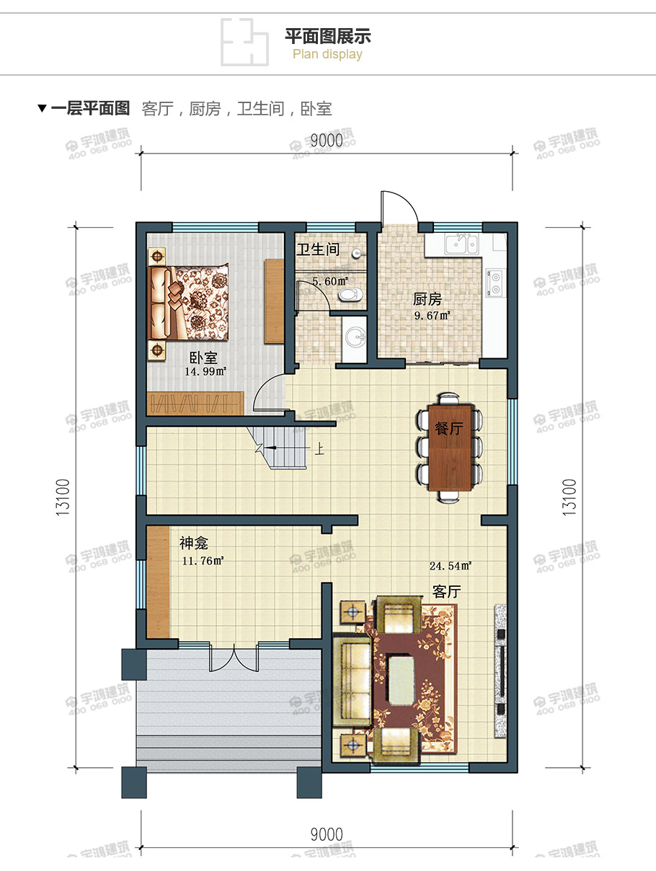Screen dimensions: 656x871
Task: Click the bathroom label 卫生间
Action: point(318,249)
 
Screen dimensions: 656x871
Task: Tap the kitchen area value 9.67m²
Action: point(432,316)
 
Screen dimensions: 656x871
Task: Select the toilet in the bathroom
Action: point(350,295)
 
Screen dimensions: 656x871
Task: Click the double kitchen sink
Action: point(461,244)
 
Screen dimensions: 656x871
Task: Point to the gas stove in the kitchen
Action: point(496,283)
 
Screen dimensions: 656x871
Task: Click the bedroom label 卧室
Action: point(203,358)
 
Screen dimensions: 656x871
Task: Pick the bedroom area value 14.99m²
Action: point(205,371)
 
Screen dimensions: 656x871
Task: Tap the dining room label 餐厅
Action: point(448,428)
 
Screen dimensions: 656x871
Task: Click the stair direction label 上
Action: point(319,449)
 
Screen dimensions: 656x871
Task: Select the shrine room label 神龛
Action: point(193,543)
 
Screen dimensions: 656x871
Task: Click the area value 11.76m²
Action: point(203,561)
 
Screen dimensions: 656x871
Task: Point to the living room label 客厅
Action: point(447,592)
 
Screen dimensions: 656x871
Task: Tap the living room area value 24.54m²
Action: point(450,565)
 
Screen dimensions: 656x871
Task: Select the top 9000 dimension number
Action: point(327,141)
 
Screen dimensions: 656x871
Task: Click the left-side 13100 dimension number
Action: point(63,498)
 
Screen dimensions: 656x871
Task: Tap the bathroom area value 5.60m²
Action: point(330,281)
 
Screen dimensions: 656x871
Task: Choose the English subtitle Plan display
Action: point(327,54)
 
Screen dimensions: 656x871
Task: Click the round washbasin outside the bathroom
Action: point(355,337)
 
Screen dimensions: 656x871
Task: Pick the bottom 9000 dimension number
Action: point(327,834)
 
